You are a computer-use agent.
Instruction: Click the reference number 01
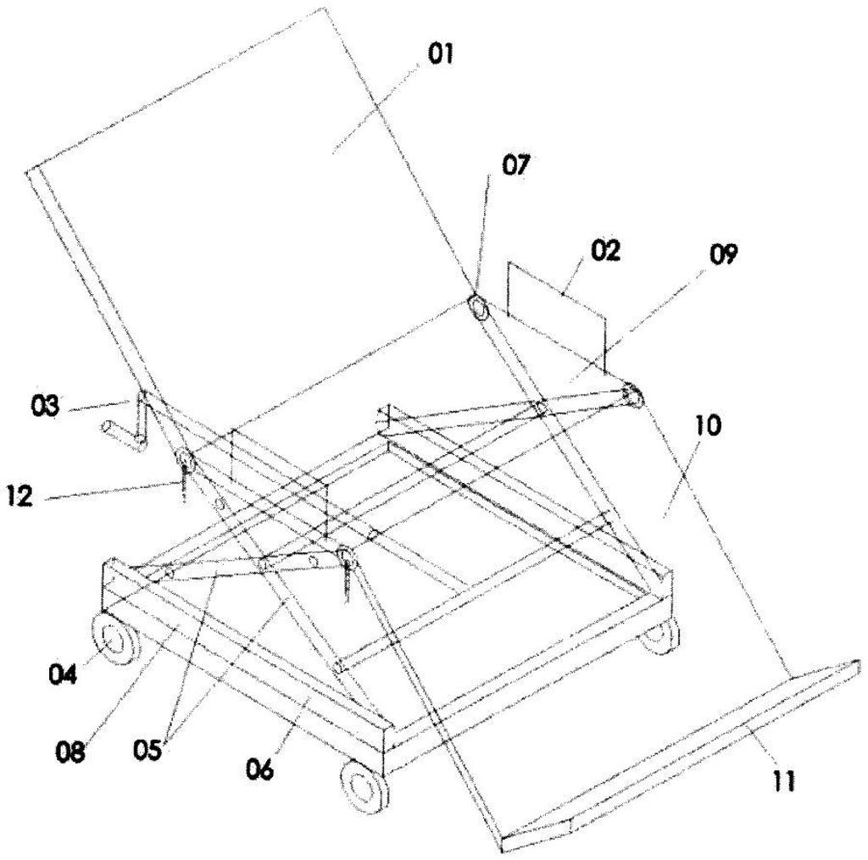[440, 55]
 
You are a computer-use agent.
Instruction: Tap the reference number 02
[605, 252]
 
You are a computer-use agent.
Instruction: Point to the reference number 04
[63, 674]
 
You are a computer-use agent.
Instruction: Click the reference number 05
[147, 751]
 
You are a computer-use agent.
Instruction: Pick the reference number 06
[259, 770]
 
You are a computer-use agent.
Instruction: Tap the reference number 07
[516, 165]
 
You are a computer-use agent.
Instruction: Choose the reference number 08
[70, 752]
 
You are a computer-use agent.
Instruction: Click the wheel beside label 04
[114, 641]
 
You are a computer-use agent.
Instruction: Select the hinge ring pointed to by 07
[477, 306]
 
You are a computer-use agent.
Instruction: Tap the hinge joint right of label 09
[631, 397]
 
